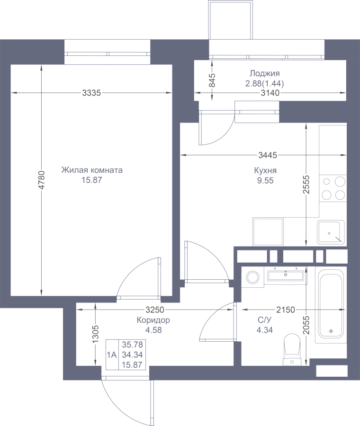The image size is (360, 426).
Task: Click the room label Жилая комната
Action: point(92,170)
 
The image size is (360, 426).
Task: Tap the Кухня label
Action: point(265,170)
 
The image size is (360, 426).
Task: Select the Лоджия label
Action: point(265,73)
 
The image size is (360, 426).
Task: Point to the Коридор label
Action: point(153,320)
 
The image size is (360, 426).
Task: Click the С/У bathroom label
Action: point(265,320)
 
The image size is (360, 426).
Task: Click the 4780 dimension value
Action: point(41,180)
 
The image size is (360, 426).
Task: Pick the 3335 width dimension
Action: point(91,93)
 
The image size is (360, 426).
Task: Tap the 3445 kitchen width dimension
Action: point(268,155)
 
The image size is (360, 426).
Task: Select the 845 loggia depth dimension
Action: point(212,80)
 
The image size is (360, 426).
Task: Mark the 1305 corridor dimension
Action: point(95,335)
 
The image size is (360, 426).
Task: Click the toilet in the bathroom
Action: point(292,350)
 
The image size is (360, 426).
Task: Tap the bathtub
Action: point(331,305)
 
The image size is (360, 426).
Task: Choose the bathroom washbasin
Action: point(286,275)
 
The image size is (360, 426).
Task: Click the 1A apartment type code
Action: point(112,355)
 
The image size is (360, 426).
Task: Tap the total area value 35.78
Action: point(133,345)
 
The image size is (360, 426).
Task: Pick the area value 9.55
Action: point(265,180)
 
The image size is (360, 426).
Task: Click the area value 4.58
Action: point(153,330)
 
